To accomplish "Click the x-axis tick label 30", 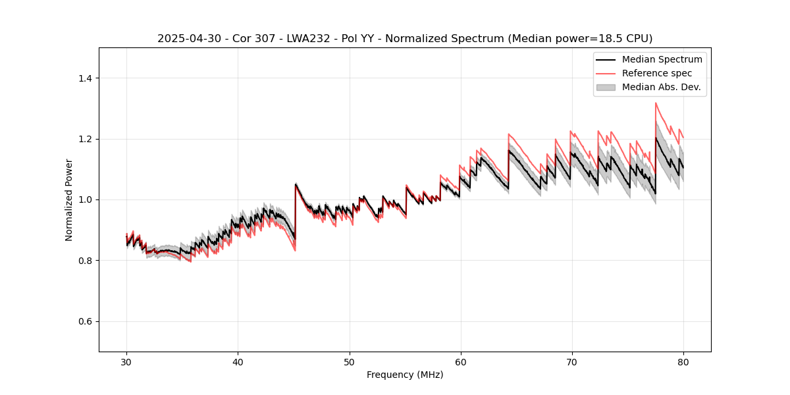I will pos(126,361).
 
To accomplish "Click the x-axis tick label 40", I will pos(238,361).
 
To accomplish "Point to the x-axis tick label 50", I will pos(349,361).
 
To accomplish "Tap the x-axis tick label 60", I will pos(460,361).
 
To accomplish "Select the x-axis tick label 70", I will pos(571,361).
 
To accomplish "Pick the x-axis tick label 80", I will pos(683,361).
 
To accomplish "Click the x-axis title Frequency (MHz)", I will pos(405,375).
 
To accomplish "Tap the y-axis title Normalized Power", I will pos(69,199).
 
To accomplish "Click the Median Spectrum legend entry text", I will pos(662,59).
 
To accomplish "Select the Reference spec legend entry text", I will pos(657,73).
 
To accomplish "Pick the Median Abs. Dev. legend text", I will pos(661,87).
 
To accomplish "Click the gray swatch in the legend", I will pos(606,87).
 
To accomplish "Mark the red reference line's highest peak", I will pos(656,103).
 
